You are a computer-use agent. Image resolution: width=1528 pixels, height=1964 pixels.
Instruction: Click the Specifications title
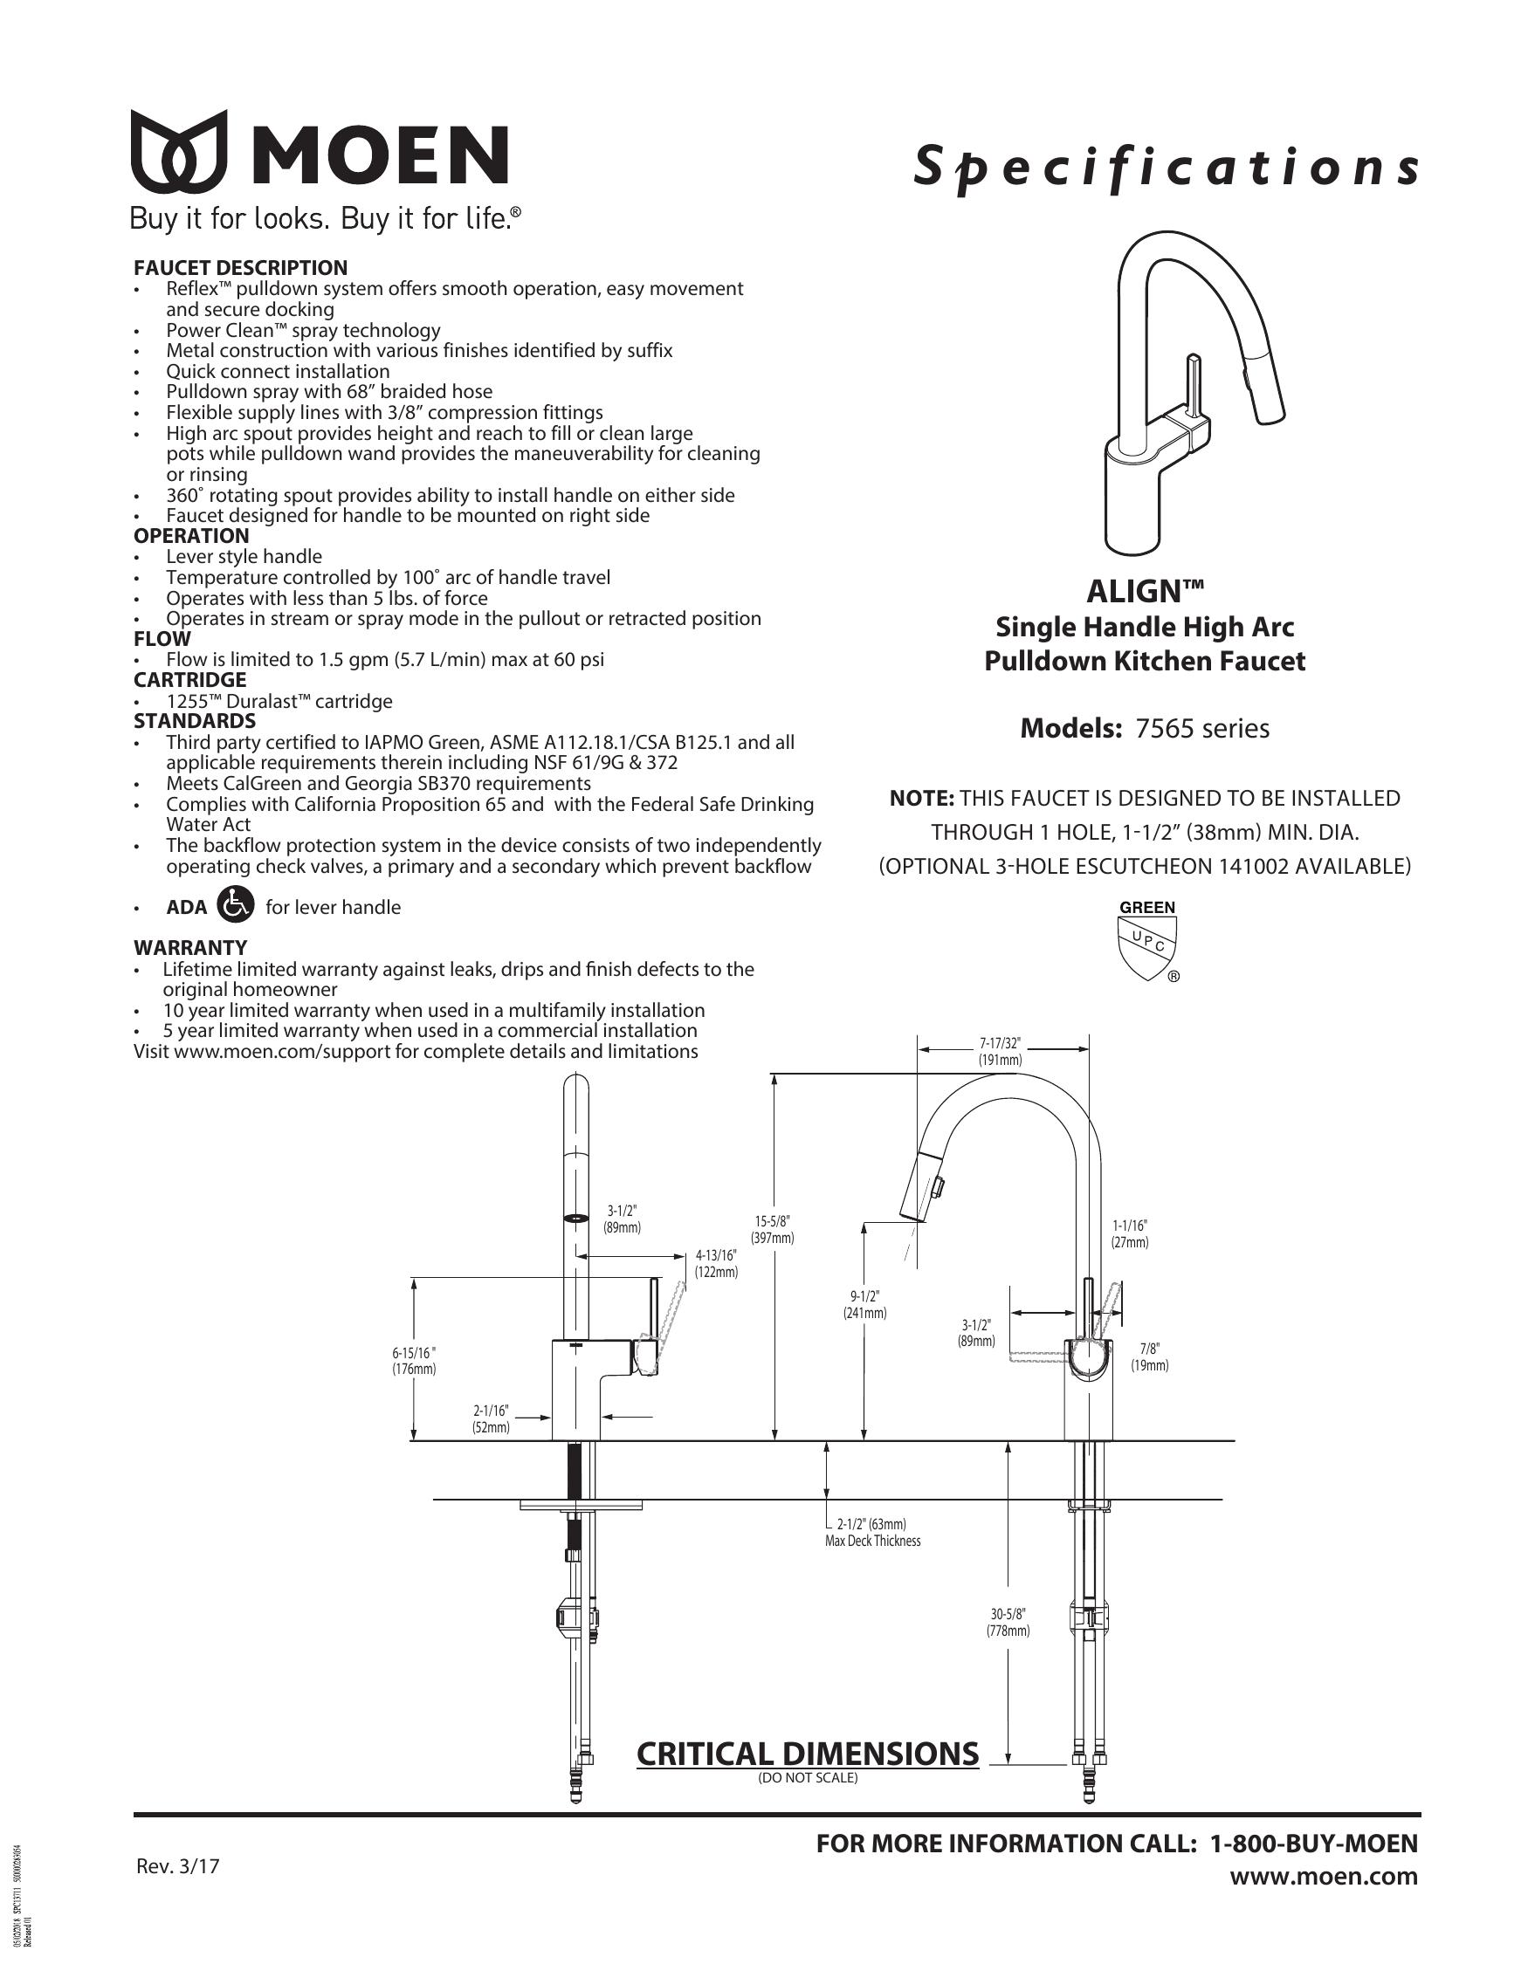point(1166,168)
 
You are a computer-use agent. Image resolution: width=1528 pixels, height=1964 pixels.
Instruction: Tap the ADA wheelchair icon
point(237,905)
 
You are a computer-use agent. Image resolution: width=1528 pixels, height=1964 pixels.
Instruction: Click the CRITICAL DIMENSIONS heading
point(807,1754)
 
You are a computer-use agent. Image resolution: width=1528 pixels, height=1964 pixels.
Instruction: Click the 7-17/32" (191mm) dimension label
point(1000,1051)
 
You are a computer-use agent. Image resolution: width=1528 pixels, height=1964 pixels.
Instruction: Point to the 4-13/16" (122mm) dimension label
point(716,1263)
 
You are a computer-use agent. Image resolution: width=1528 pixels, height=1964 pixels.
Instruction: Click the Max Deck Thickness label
point(872,1541)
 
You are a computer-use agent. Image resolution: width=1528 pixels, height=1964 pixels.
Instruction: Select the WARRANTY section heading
point(189,948)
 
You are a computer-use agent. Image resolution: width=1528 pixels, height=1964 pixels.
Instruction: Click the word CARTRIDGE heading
point(189,680)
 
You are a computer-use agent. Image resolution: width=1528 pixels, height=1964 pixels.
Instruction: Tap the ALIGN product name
point(1145,591)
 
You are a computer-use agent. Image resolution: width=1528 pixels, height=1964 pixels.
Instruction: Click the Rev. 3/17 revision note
point(178,1866)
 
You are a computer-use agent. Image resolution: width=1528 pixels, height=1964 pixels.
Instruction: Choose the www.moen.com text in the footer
point(1324,1877)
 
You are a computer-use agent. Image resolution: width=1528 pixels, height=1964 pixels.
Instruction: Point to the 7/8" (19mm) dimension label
point(1149,1357)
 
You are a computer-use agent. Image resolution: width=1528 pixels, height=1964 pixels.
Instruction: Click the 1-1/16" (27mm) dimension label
point(1130,1233)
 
